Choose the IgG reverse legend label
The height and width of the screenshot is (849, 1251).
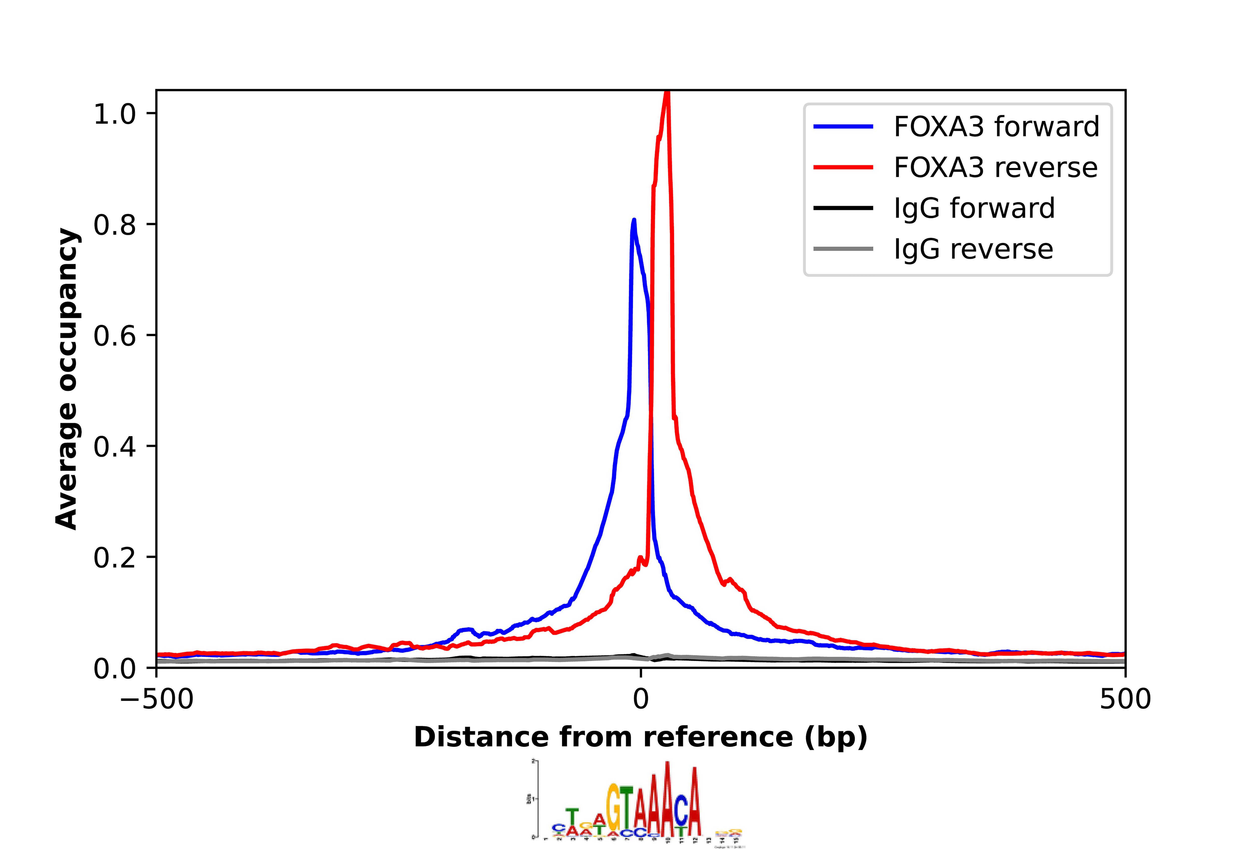click(973, 249)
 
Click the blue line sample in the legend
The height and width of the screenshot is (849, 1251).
click(843, 127)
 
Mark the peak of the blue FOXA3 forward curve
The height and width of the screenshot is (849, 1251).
click(634, 220)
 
